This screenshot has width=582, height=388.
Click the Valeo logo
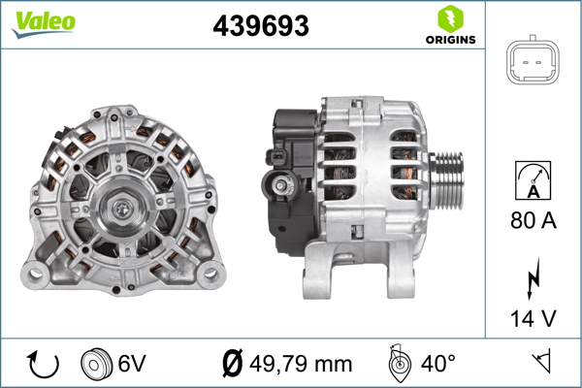click(x=45, y=22)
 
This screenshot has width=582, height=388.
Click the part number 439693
click(x=261, y=26)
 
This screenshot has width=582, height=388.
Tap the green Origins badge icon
click(x=449, y=17)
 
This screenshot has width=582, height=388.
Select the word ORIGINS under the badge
click(x=449, y=40)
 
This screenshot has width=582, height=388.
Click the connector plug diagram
click(x=533, y=64)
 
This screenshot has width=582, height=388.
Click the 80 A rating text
click(x=533, y=221)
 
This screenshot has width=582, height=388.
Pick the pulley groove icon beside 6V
click(x=97, y=363)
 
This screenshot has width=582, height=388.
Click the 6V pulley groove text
click(x=132, y=363)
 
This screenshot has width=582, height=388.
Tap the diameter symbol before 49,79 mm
click(x=232, y=363)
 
